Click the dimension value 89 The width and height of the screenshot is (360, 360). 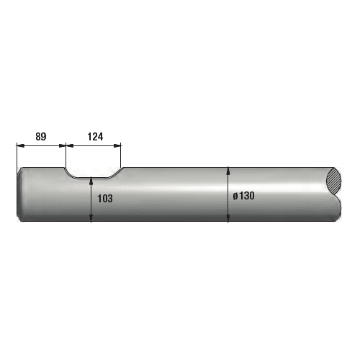pyautogui.click(x=41, y=137)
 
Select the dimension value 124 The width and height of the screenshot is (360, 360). pyautogui.click(x=95, y=137)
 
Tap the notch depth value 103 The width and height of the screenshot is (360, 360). pyautogui.click(x=105, y=199)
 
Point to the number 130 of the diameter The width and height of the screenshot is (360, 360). pyautogui.click(x=246, y=196)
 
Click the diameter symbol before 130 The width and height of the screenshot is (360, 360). pyautogui.click(x=235, y=197)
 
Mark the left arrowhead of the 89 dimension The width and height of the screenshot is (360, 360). pyautogui.click(x=20, y=145)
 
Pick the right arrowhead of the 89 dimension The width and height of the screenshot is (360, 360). pyautogui.click(x=62, y=145)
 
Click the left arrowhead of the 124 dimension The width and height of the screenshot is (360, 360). pyautogui.click(x=70, y=145)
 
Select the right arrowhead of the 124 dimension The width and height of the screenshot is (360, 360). pyautogui.click(x=117, y=145)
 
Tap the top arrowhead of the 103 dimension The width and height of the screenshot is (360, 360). pyautogui.click(x=91, y=181)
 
